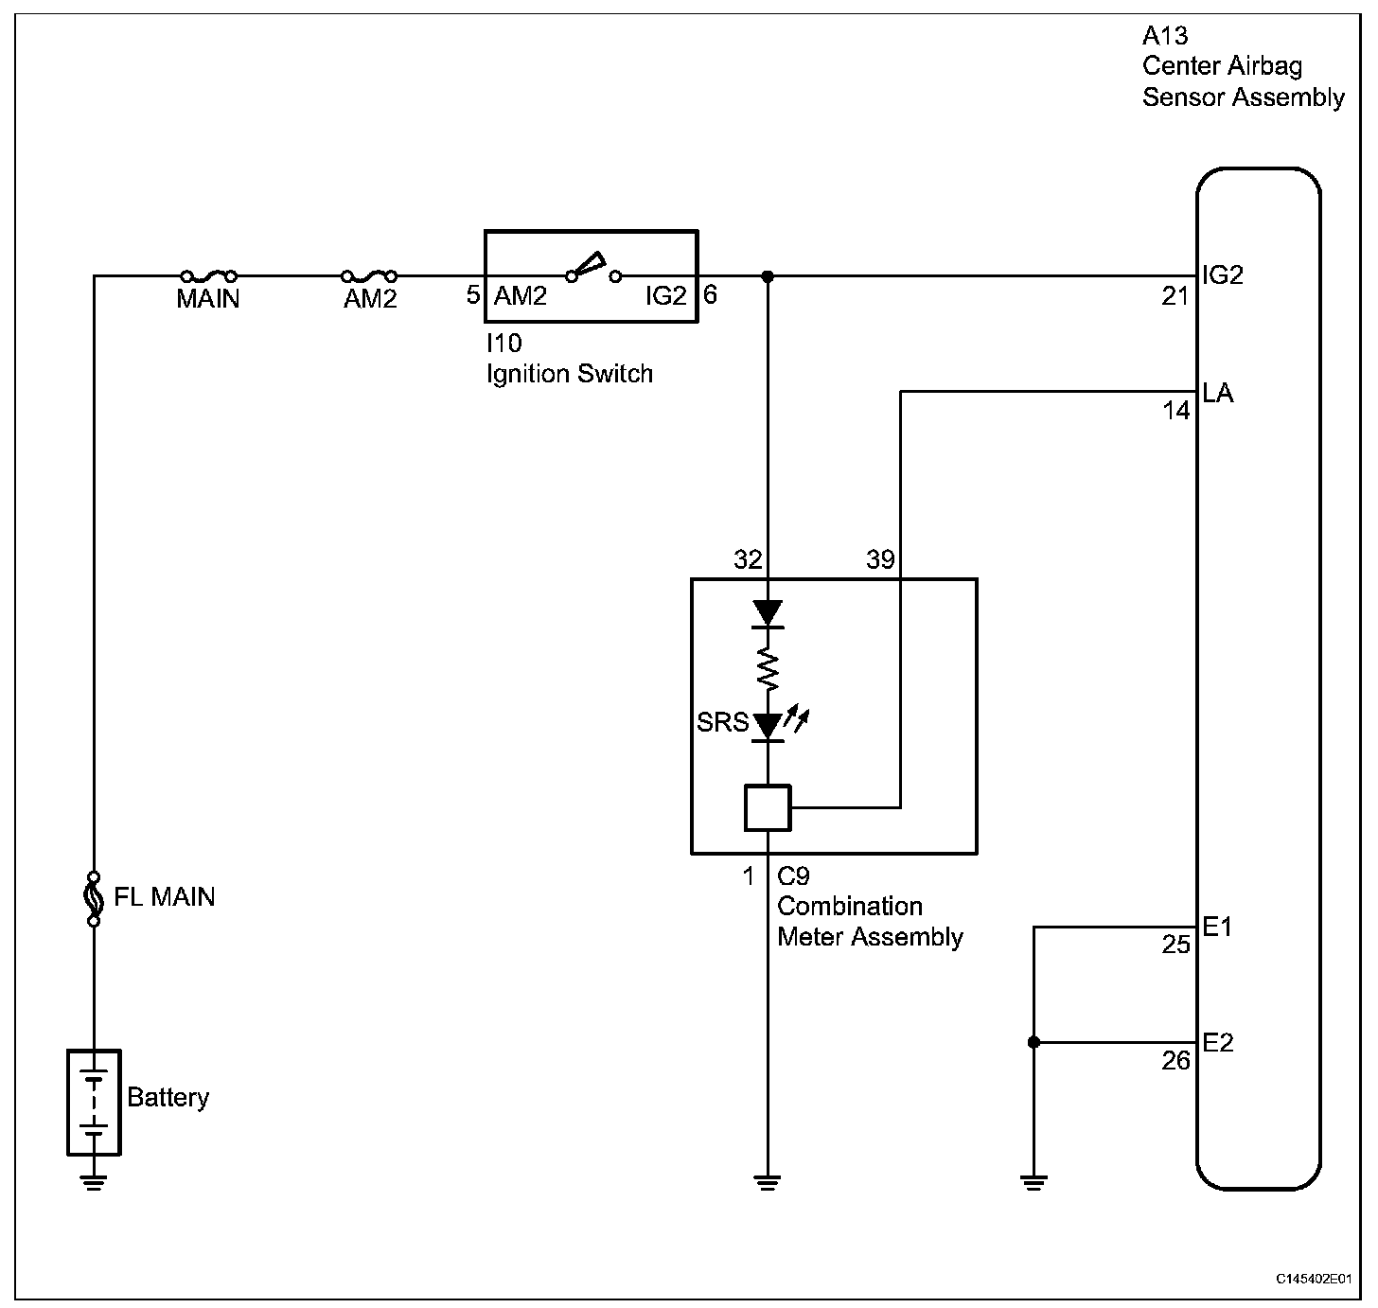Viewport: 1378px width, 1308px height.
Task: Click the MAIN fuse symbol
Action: [x=208, y=276]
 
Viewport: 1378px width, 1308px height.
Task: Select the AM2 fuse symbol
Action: [x=368, y=276]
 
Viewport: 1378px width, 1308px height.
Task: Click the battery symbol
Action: [x=94, y=1102]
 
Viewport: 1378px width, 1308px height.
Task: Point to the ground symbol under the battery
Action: [x=93, y=1182]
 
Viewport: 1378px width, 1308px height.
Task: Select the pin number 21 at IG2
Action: [x=1175, y=297]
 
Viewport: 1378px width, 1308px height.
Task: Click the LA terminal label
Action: [x=1218, y=393]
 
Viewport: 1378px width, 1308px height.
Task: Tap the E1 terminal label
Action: [x=1217, y=927]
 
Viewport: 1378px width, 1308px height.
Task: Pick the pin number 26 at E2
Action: [x=1175, y=1061]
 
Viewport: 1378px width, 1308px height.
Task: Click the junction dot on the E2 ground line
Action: [x=1033, y=1042]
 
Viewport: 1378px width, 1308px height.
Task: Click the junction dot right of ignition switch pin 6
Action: [x=768, y=276]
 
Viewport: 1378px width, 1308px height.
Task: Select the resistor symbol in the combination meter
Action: [x=768, y=668]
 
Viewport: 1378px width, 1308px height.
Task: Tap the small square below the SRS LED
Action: [x=768, y=807]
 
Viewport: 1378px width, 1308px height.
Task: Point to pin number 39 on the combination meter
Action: [x=880, y=560]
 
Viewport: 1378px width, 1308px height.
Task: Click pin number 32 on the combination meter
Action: [x=748, y=560]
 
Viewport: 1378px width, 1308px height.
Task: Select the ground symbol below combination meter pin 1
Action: [x=768, y=1182]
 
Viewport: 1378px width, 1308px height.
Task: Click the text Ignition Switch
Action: [x=570, y=374]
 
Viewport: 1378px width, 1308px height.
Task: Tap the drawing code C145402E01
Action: [x=1314, y=1279]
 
